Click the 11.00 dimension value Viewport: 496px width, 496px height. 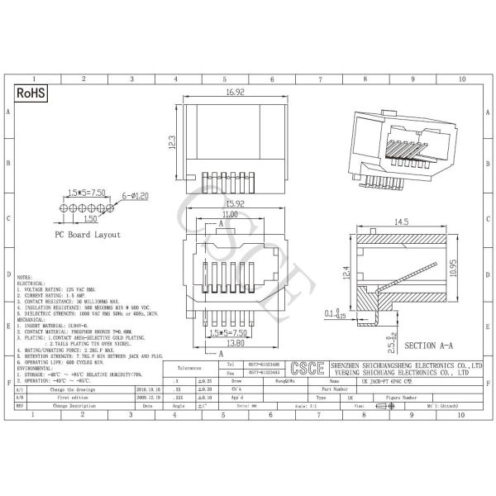pyautogui.click(x=231, y=214)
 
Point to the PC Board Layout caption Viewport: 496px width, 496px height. pyautogui.click(x=88, y=235)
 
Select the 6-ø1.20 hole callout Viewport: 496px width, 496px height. pyautogui.click(x=134, y=195)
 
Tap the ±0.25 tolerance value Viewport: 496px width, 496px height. pyautogui.click(x=203, y=379)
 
